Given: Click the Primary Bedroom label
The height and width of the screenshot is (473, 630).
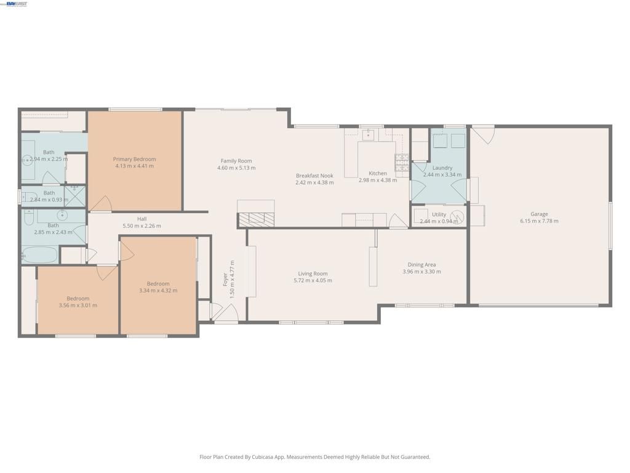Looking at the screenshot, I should pos(134,159).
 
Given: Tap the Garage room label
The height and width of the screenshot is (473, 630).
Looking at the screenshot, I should pos(539,214).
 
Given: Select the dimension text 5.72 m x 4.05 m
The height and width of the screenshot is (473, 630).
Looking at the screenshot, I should pos(313,281).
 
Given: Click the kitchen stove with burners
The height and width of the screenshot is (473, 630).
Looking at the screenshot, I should pos(401,162).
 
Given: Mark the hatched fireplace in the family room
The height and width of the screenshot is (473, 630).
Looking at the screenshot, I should pos(255,219).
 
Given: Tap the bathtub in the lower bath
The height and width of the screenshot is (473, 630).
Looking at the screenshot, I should pos(39,255).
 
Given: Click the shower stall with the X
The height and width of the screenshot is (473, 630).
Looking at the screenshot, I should pos(75,196).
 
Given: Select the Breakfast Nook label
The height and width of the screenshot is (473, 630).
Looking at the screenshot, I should pos(314,176).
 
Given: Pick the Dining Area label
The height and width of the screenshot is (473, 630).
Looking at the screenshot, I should pos(421,265).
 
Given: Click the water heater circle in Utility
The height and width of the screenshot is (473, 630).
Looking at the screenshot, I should pos(457,216).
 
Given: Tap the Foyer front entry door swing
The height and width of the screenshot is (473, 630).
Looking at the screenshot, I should pos(225,313).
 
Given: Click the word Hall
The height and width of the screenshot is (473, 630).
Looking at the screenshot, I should pos(142,219).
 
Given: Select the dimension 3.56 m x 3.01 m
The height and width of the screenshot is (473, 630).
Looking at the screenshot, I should pos(78,305).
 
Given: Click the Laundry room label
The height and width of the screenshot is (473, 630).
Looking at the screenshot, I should pos(442,168).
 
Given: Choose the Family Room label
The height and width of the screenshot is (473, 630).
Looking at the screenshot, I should pos(236,161).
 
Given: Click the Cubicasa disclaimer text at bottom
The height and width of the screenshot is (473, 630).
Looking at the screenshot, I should pos(315,457).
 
